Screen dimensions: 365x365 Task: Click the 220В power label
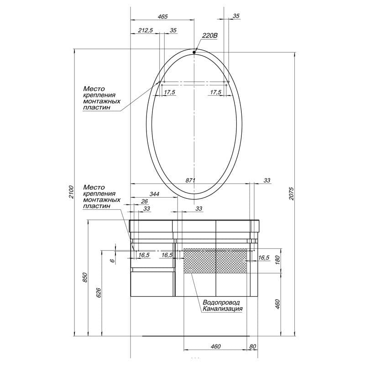pyautogui.click(x=210, y=36)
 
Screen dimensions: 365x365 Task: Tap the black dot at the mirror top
pyautogui.click(x=194, y=52)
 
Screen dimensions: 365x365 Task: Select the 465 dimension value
pyautogui.click(x=162, y=16)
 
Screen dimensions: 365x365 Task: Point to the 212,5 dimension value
pyautogui.click(x=146, y=30)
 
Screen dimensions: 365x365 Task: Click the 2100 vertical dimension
pyautogui.click(x=71, y=192)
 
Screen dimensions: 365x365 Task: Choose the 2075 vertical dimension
pyautogui.click(x=292, y=193)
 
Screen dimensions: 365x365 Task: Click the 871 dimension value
pyautogui.click(x=190, y=180)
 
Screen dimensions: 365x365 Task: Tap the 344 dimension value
pyautogui.click(x=154, y=194)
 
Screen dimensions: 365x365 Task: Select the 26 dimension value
pyautogui.click(x=144, y=201)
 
